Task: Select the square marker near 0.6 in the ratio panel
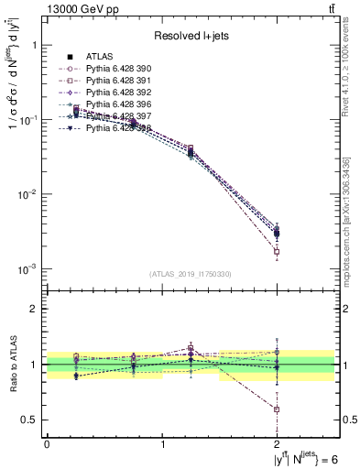(277, 409)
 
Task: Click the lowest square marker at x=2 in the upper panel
(277, 251)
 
